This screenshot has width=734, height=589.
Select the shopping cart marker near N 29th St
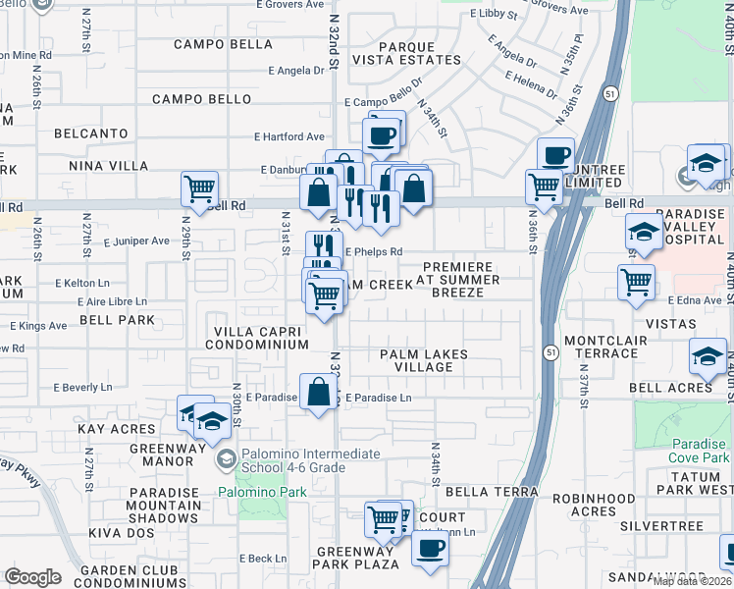[199, 187]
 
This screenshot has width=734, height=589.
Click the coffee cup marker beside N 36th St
[555, 155]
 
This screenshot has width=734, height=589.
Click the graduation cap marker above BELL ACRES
[708, 355]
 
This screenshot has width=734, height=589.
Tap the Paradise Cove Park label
[698, 452]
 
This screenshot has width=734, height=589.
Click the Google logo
[32, 576]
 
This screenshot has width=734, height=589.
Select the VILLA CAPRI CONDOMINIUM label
[256, 338]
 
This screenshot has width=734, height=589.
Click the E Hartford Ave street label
[289, 137]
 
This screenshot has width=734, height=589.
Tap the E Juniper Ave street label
[136, 241]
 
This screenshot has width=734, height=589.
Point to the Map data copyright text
[692, 581]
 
